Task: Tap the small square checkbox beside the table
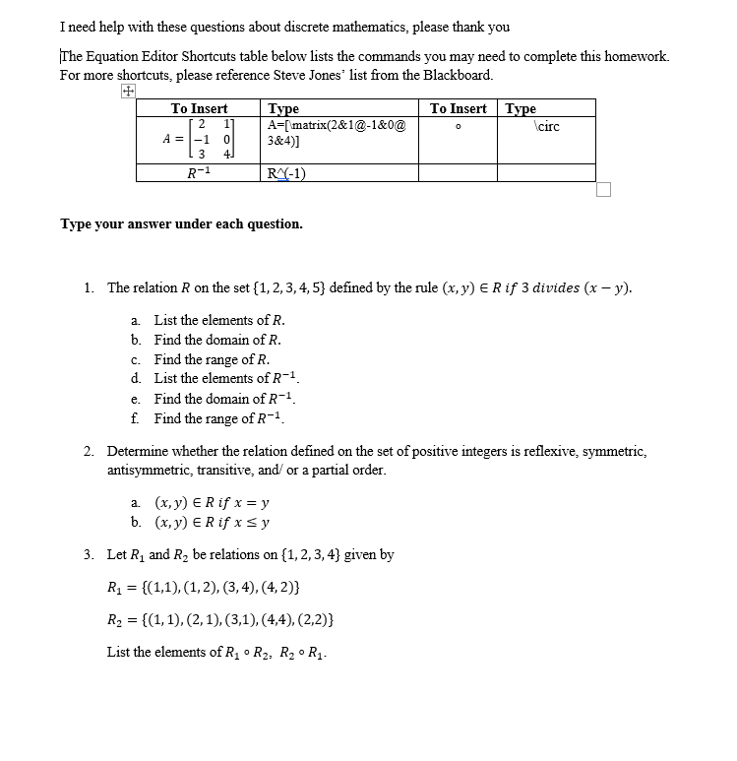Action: tap(603, 189)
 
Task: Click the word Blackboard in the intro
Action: tap(458, 75)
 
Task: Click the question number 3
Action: tap(89, 554)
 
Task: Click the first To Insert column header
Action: tap(199, 108)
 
